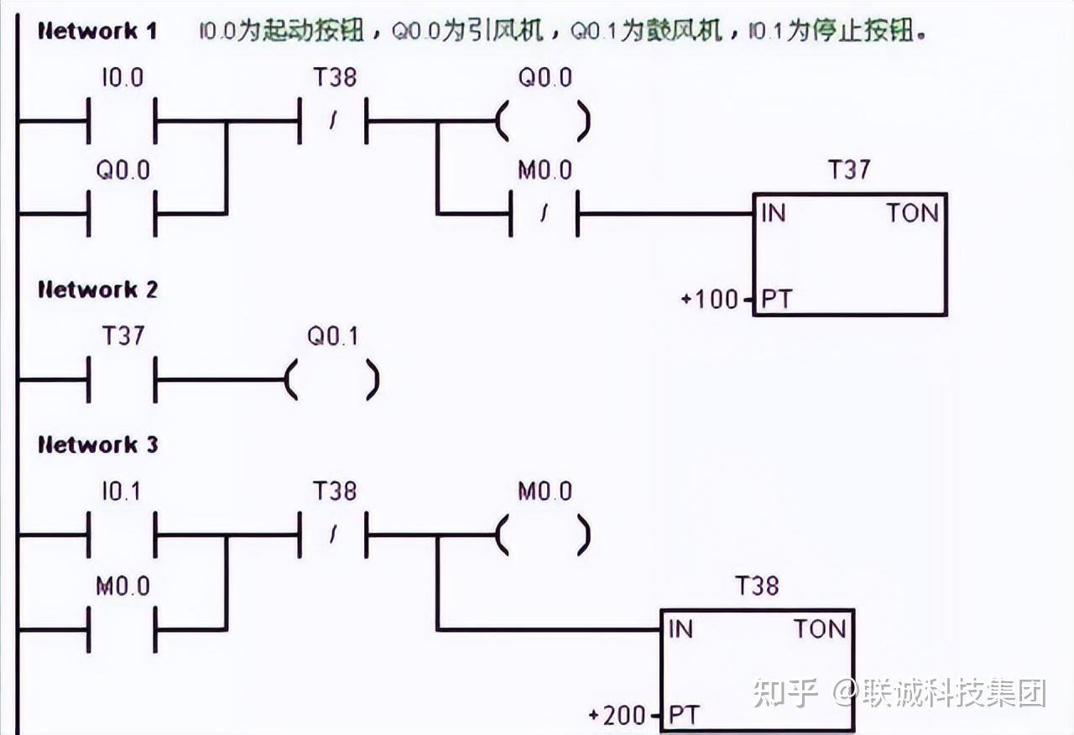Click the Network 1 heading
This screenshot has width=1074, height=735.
tap(97, 32)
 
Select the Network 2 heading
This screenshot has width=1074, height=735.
tap(97, 290)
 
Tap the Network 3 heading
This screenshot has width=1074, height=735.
tap(97, 445)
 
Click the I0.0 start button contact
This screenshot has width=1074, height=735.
tap(123, 121)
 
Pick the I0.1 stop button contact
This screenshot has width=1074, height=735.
tap(123, 534)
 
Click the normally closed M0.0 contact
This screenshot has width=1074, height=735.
tap(544, 214)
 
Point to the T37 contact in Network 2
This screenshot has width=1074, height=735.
tap(123, 379)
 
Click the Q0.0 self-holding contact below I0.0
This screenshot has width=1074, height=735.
tap(123, 213)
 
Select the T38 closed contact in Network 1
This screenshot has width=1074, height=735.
tap(333, 121)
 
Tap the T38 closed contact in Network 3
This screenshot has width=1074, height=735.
tap(333, 534)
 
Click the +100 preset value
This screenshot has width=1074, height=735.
tap(711, 299)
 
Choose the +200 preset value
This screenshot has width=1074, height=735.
tap(618, 716)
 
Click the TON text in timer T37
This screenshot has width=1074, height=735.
tap(912, 213)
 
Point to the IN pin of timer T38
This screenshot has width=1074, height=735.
tap(680, 628)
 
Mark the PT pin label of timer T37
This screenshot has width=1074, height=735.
tap(776, 299)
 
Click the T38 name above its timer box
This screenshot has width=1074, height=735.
tap(757, 586)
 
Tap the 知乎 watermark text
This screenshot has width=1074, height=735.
tap(785, 693)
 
